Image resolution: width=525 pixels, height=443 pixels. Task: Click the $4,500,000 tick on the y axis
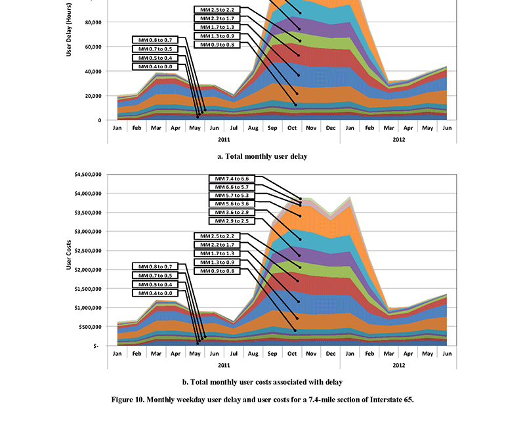[x=87, y=175]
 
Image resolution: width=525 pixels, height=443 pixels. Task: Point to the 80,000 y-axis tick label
[x=91, y=22]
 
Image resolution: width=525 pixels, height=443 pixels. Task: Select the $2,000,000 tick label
[x=87, y=270]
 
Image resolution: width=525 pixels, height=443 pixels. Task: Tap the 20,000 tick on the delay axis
[x=91, y=96]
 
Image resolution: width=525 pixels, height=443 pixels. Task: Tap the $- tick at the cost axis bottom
[x=96, y=345]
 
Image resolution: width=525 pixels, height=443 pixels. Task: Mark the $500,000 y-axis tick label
[x=90, y=326]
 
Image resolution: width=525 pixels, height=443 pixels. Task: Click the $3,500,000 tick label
[x=87, y=213]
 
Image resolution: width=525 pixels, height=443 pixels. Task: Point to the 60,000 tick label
[x=91, y=47]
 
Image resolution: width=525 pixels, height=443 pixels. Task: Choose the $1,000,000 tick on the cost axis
[x=87, y=307]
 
